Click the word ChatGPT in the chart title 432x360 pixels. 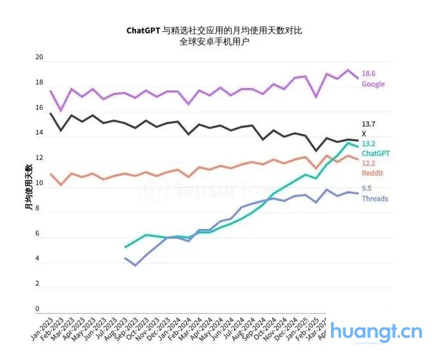click(x=143, y=30)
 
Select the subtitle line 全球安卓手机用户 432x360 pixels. click(x=214, y=42)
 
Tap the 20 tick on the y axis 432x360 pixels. click(x=39, y=57)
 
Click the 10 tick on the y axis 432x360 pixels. click(x=39, y=184)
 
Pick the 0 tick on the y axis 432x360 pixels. click(x=37, y=309)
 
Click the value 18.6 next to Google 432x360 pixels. click(x=368, y=74)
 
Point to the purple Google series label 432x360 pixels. click(x=373, y=84)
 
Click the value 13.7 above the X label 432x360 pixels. click(x=368, y=125)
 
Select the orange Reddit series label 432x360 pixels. click(x=373, y=173)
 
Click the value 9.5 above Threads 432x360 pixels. click(x=366, y=189)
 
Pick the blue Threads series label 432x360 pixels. click(x=375, y=199)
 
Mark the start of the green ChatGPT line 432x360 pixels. click(x=125, y=248)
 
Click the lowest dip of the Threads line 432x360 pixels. click(x=135, y=266)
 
